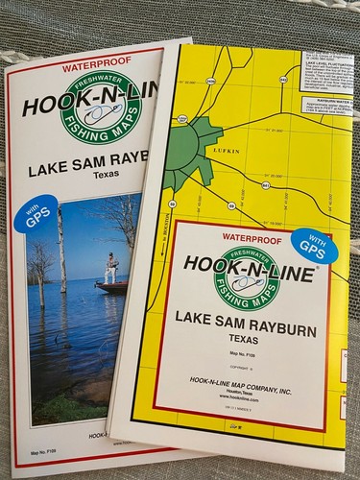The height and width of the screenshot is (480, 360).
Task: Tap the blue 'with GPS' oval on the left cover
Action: (34, 214)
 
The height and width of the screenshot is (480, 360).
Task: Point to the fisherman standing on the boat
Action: (112, 266)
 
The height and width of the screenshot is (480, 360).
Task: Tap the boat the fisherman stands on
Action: (111, 285)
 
